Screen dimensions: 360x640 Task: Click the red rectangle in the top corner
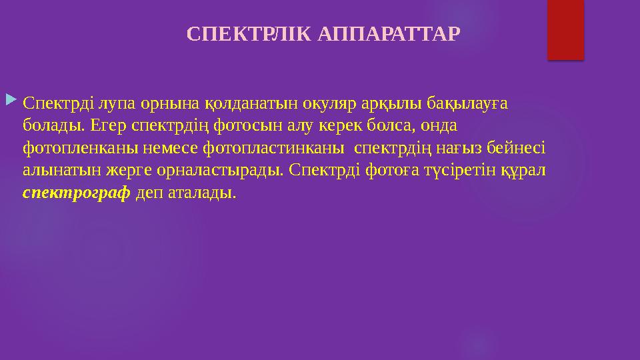pyautogui.click(x=565, y=30)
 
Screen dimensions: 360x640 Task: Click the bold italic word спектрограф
pyautogui.click(x=77, y=193)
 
